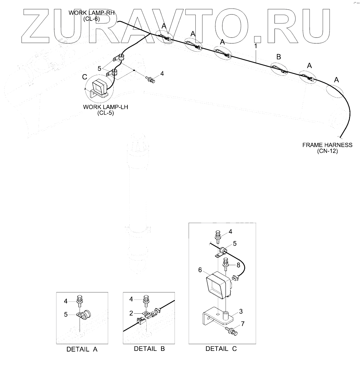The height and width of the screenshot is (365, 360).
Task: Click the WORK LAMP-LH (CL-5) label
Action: point(105,110)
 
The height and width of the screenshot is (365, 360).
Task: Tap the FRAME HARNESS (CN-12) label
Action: point(327,148)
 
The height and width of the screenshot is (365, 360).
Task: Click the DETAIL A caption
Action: point(82,349)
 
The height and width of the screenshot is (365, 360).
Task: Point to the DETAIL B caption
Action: point(149,349)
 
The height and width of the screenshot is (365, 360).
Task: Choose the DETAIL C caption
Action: point(221,349)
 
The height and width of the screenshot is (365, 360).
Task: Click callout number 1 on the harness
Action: point(255,46)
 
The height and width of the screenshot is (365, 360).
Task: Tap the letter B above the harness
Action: point(279,57)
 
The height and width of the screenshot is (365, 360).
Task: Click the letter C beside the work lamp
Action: point(85,77)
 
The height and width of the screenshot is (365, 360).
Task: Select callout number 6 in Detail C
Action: point(200,270)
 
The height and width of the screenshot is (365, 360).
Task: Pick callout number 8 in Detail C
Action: point(238,265)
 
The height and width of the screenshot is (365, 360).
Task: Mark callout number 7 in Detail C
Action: point(243,324)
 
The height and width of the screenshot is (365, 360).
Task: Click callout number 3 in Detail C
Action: point(241,311)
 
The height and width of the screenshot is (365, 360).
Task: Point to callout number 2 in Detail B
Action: point(131,313)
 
